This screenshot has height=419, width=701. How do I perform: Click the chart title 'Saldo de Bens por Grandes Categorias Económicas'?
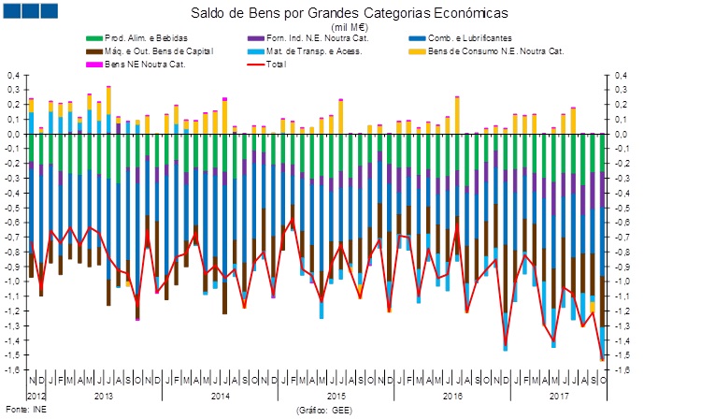click(350, 14)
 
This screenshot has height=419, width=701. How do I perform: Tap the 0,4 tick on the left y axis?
click(13, 75)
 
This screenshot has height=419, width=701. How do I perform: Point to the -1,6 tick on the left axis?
click(12, 369)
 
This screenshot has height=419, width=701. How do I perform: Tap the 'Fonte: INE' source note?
click(25, 410)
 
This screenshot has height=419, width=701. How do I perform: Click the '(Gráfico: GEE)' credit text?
click(323, 410)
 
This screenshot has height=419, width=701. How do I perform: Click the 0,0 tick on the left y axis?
click(13, 134)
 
